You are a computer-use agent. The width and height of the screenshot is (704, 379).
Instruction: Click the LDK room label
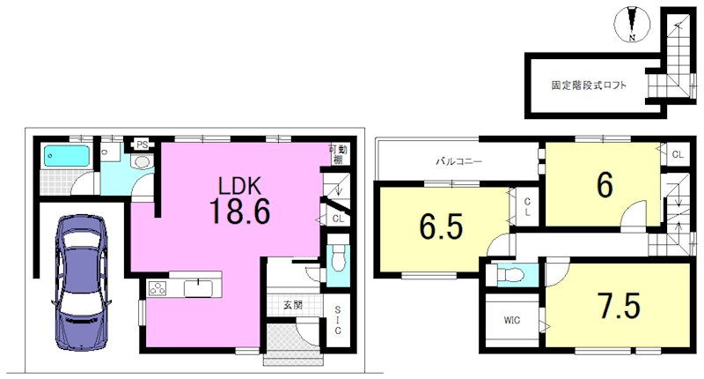pyautogui.click(x=239, y=185)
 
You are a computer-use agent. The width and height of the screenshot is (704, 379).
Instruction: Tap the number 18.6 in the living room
pyautogui.click(x=239, y=212)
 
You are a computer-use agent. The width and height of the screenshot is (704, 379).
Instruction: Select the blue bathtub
pyautogui.click(x=66, y=155)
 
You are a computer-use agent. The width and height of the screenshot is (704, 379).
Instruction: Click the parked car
pyautogui.click(x=81, y=283)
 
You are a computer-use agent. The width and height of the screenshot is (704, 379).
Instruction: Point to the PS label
pyautogui.click(x=143, y=145)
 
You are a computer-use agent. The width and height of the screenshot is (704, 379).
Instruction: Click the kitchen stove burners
pyautogui.click(x=158, y=287)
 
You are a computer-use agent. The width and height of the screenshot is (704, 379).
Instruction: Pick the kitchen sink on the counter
pyautogui.click(x=197, y=287)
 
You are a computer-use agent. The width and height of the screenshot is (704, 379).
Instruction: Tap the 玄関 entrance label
pyautogui.click(x=293, y=305)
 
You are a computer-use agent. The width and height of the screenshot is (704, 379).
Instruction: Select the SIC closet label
pyautogui.click(x=338, y=320)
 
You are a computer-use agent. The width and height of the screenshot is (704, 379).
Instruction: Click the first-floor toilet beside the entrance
pyautogui.click(x=338, y=259)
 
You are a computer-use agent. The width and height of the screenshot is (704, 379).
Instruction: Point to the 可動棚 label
pyautogui.click(x=338, y=154)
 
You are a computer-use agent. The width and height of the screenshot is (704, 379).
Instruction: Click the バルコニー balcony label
pyautogui.click(x=459, y=161)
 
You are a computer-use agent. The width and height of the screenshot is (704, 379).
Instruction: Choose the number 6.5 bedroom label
pyautogui.click(x=442, y=227)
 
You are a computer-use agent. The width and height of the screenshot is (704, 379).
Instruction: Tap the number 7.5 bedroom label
pyautogui.click(x=620, y=306)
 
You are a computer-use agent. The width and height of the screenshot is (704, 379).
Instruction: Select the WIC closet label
pyautogui.click(x=512, y=320)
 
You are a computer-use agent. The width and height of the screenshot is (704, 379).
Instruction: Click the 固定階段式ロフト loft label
pyautogui.click(x=589, y=85)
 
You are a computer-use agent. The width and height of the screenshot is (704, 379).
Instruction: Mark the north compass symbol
pyautogui.click(x=632, y=26)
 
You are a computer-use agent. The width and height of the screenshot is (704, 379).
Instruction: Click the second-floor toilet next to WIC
pyautogui.click(x=511, y=274)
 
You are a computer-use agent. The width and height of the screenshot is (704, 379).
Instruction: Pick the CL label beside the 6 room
pyautogui.click(x=678, y=154)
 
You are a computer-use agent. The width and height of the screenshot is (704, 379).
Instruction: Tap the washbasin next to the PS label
pyautogui.click(x=143, y=162)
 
